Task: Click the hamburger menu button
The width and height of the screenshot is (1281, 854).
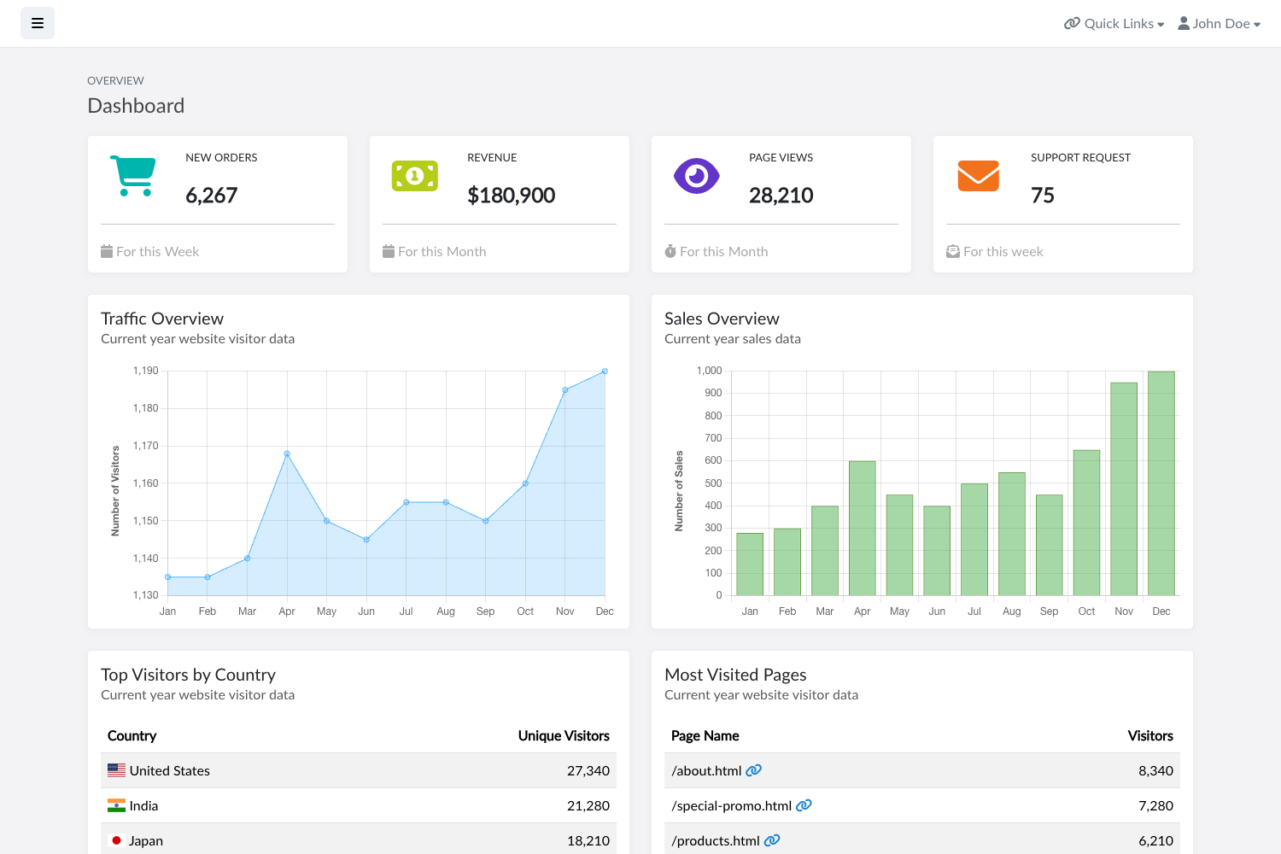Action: [x=38, y=24]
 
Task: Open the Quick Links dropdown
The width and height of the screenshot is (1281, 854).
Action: [x=1114, y=24]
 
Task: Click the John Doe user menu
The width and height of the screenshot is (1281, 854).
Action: [x=1219, y=24]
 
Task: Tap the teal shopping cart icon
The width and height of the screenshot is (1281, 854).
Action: [x=133, y=176]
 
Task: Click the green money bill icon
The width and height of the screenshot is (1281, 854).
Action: [x=415, y=176]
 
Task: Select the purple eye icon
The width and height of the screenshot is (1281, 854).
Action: [x=696, y=176]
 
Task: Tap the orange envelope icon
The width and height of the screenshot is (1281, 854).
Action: [x=978, y=176]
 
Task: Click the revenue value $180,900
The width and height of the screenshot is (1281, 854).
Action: [x=511, y=196]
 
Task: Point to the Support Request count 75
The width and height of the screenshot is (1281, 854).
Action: [x=1042, y=196]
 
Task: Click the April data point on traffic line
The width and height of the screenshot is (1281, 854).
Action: [x=287, y=453]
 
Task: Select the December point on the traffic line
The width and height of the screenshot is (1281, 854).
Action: [x=605, y=371]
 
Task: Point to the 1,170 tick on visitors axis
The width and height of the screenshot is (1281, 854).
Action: [x=146, y=446]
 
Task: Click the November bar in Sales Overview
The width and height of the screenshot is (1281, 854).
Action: [x=1123, y=488]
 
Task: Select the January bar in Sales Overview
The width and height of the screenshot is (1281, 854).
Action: [x=750, y=564]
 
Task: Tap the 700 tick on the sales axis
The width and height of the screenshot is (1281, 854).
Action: [x=713, y=438]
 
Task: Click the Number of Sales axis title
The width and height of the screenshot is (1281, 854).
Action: [x=679, y=491]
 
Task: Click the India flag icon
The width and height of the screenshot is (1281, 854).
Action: [x=116, y=805]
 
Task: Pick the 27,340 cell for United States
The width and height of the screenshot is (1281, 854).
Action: [x=588, y=770]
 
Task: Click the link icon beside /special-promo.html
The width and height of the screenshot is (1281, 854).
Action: [x=804, y=805]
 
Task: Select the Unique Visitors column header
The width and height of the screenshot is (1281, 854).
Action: [x=564, y=736]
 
